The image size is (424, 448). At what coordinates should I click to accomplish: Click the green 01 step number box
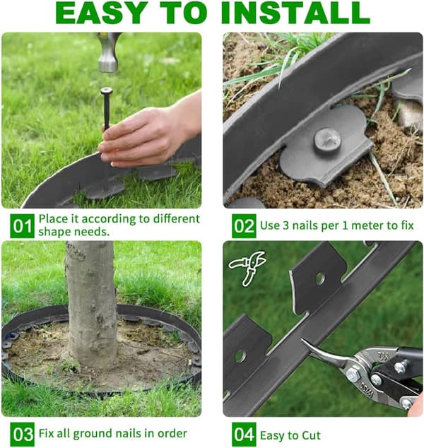tap(22, 225)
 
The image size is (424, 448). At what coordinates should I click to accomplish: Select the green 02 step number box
tap(244, 225)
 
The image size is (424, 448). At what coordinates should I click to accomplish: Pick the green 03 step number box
tap(22, 434)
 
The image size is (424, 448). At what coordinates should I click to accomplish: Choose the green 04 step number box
tap(244, 434)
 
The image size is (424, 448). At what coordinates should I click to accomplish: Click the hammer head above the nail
tap(108, 52)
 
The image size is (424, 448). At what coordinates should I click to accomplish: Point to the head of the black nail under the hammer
tap(106, 91)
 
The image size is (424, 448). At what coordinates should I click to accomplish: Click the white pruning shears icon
tap(247, 268)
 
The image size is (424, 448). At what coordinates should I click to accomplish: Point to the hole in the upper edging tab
tap(320, 278)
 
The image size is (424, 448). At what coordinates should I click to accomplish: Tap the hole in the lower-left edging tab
tap(240, 356)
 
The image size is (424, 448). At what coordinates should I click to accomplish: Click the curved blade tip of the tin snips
tap(303, 340)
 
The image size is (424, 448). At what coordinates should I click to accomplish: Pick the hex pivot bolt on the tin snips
tap(353, 373)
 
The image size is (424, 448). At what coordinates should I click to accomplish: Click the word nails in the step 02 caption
tap(305, 225)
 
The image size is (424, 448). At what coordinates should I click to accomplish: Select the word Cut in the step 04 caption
tap(311, 435)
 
